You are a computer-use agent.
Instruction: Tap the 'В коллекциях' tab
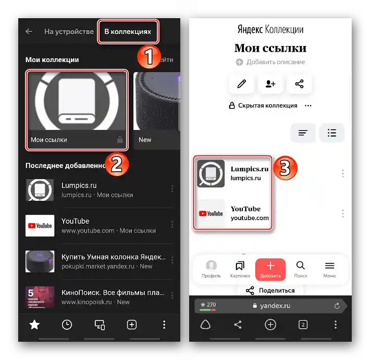tap(128, 32)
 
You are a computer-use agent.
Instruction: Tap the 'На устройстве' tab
tap(69, 32)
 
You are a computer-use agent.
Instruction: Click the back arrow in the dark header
tap(29, 31)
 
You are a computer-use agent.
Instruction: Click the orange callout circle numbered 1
tap(149, 57)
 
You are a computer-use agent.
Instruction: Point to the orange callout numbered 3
tap(285, 168)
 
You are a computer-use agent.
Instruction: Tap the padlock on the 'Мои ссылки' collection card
tap(120, 140)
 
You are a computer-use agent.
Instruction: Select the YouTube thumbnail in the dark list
tap(40, 225)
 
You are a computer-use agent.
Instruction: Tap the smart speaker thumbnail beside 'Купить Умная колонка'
tap(40, 261)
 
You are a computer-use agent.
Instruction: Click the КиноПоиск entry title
tap(113, 293)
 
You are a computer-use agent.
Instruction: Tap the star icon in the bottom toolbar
tap(34, 325)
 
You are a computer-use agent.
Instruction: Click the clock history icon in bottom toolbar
tap(67, 325)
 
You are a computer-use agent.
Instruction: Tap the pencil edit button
tap(241, 84)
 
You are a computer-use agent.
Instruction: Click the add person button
tap(270, 84)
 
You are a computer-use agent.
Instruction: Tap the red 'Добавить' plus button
tap(270, 270)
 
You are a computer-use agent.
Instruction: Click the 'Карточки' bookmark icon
tap(240, 266)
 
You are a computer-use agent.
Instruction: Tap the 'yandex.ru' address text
tap(275, 306)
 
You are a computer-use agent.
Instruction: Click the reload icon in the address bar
tap(337, 306)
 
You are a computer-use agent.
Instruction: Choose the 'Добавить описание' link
tap(276, 62)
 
